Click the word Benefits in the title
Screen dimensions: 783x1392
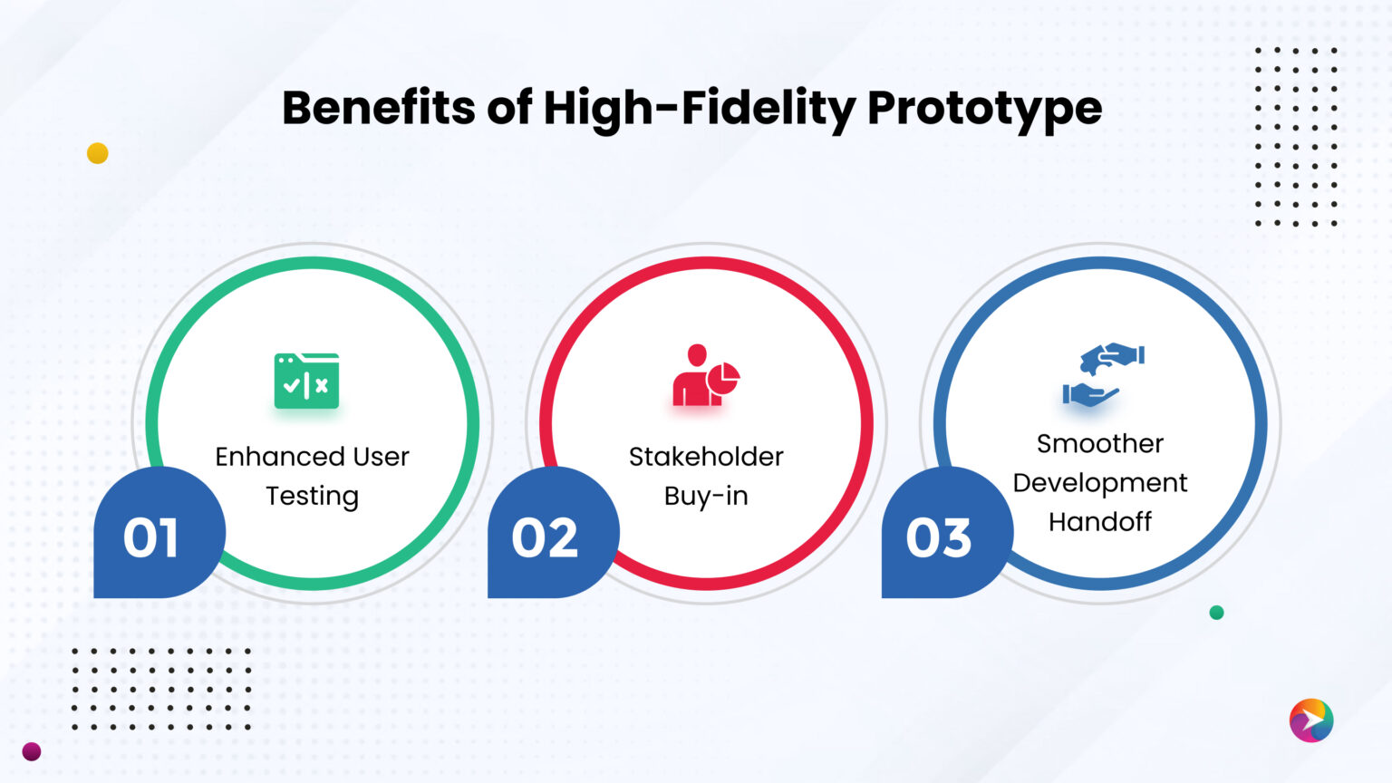tap(378, 108)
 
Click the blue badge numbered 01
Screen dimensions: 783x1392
tap(151, 537)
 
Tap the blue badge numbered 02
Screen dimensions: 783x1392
tap(545, 537)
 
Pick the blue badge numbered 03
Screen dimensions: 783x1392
tap(939, 537)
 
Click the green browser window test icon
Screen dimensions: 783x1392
tap(306, 381)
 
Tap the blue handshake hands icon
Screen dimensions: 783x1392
tap(1102, 373)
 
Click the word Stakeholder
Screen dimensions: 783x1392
tap(706, 457)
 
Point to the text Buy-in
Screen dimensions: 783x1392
tap(706, 497)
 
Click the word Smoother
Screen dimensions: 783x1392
tap(1099, 444)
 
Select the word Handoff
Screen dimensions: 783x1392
tap(1099, 522)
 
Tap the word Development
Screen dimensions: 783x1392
tap(1099, 483)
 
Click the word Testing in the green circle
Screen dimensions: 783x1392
tap(312, 497)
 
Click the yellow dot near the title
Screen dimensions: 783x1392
tap(98, 153)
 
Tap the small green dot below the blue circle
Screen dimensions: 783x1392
tap(1216, 613)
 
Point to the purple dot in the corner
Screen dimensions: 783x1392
tap(32, 751)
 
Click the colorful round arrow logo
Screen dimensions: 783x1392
tap(1310, 720)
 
